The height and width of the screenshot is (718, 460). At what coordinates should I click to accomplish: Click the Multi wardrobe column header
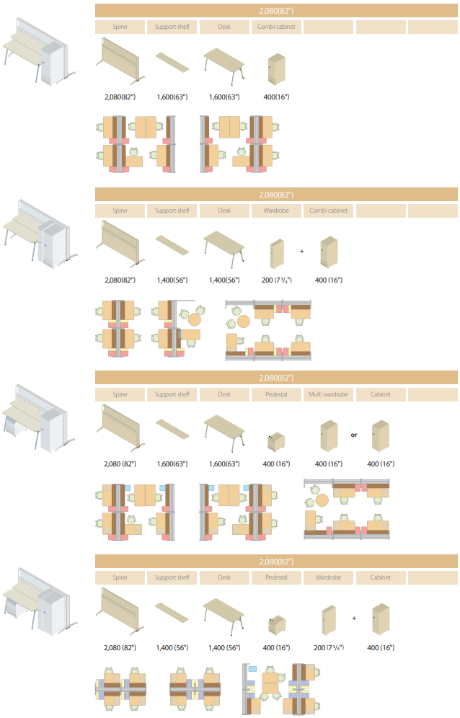(x=328, y=394)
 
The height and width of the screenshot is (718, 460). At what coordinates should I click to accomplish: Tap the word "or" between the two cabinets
(x=354, y=435)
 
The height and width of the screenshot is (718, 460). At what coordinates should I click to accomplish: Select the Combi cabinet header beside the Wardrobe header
(x=328, y=210)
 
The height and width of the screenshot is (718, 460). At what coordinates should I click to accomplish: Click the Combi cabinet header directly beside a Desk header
(x=275, y=27)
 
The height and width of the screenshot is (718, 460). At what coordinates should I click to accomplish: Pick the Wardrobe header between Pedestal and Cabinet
(x=328, y=577)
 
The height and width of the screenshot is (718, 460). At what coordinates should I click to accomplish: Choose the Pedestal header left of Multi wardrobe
(x=275, y=394)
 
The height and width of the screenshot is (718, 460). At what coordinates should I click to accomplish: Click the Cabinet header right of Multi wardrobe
(x=381, y=394)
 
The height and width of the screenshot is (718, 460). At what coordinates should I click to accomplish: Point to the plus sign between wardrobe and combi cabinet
(x=302, y=252)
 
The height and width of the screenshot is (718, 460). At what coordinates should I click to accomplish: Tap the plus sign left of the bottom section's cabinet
(x=354, y=618)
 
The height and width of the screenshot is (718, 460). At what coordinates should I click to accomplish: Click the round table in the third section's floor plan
(x=322, y=500)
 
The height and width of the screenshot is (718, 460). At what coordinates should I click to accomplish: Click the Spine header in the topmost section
(x=120, y=27)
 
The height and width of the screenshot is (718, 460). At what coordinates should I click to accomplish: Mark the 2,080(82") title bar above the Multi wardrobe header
(x=276, y=377)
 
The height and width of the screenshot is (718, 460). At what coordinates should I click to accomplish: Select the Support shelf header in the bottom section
(x=172, y=577)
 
